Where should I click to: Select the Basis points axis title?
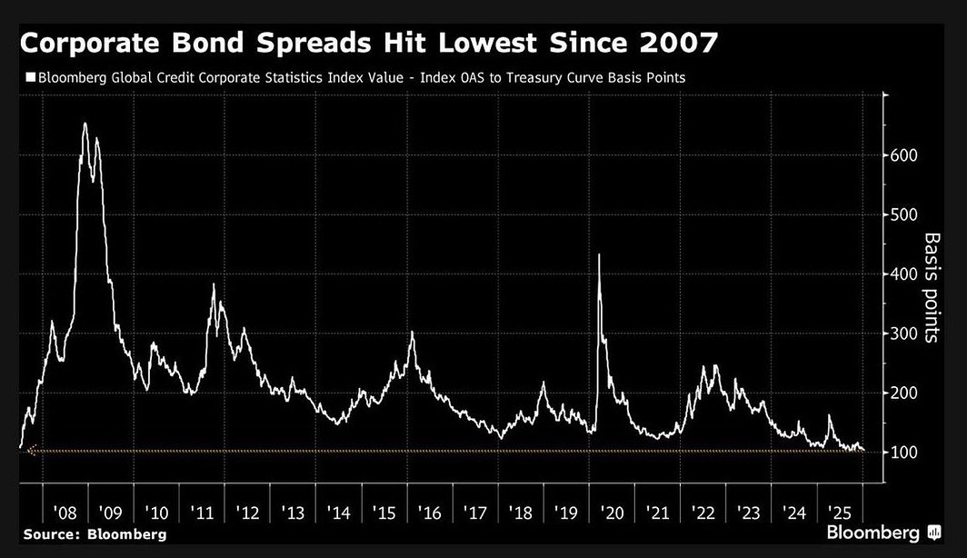[x=932, y=287]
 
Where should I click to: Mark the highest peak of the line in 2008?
[x=85, y=124]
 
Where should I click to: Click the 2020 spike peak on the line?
[x=599, y=255]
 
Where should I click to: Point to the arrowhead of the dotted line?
[x=30, y=450]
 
